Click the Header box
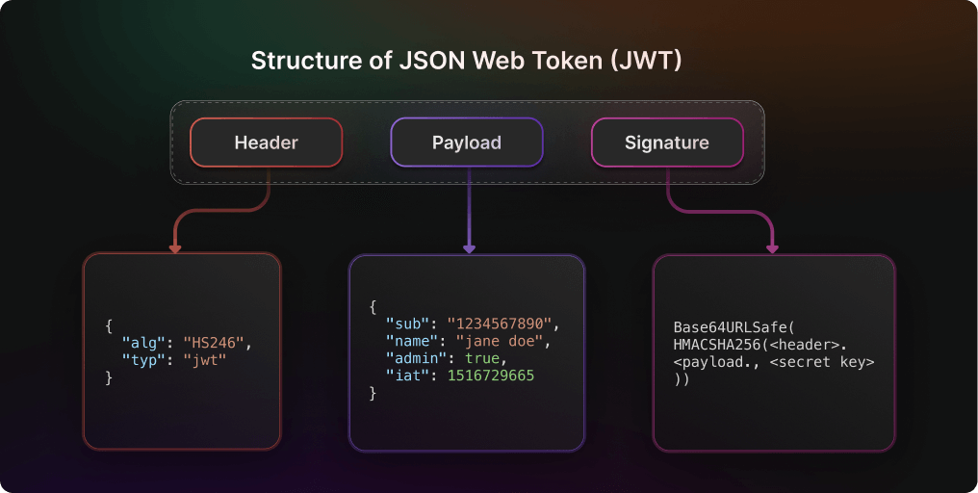(266, 143)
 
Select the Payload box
(466, 143)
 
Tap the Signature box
(666, 143)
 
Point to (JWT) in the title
(647, 61)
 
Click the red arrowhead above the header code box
(175, 247)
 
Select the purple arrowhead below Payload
(469, 247)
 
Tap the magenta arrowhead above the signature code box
(772, 247)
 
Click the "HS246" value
(221, 341)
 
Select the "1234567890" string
(502, 324)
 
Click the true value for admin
(481, 358)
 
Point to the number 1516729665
(490, 376)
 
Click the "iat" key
(405, 376)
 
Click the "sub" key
(405, 324)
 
